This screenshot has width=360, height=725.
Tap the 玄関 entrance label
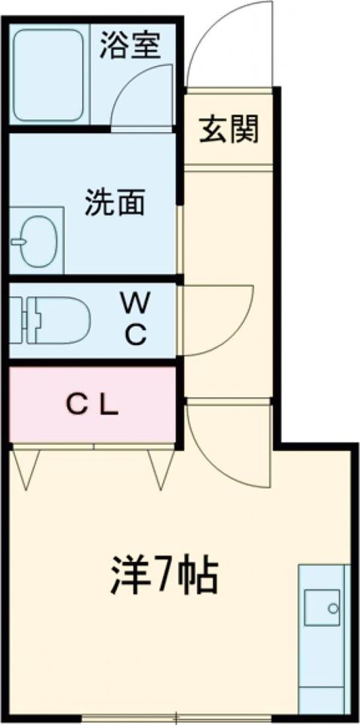[x=229, y=130]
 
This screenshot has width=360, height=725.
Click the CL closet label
[x=91, y=406]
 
